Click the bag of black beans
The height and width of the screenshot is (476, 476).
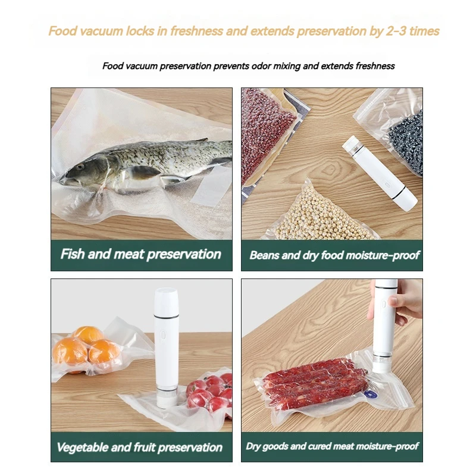pos(406,142)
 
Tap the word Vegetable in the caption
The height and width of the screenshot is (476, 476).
pos(83,447)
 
